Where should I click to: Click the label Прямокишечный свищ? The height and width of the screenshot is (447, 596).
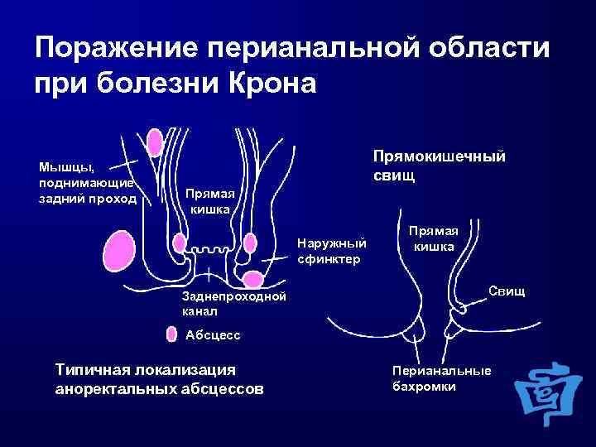439,166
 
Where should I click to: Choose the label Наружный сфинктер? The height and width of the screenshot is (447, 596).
331,251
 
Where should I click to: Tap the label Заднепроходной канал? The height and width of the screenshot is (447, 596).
233,304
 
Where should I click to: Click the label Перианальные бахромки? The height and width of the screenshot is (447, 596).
441,379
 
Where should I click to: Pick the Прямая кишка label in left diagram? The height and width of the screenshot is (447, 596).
209,201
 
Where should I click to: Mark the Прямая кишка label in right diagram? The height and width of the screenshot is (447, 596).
433,238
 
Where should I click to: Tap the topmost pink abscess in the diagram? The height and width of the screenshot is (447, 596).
155,142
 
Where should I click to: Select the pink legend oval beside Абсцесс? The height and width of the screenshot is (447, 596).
171,334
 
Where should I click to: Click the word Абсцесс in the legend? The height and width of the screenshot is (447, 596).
213,334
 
